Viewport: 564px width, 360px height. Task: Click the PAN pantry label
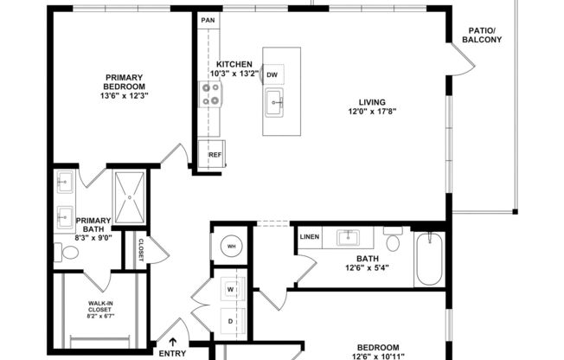tap(208, 20)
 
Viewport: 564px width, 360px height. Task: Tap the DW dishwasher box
tap(272, 75)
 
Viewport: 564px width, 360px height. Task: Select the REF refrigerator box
tap(215, 156)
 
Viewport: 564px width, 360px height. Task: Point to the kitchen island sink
tap(275, 103)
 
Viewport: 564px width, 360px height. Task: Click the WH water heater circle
tap(232, 247)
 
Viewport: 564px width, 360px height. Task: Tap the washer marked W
tap(231, 287)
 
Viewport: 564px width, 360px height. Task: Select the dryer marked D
tap(231, 321)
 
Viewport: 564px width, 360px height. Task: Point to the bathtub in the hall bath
tap(429, 259)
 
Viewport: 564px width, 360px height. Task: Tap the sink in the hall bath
tap(350, 237)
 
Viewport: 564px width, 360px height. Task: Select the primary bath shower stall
tap(131, 198)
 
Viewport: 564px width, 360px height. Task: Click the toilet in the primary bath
tap(68, 253)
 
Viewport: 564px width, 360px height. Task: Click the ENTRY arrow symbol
tap(172, 343)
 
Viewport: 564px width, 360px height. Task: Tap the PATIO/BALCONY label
tap(482, 35)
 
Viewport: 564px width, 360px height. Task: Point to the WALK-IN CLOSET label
tap(100, 309)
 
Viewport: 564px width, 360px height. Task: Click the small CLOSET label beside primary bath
tap(140, 251)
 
